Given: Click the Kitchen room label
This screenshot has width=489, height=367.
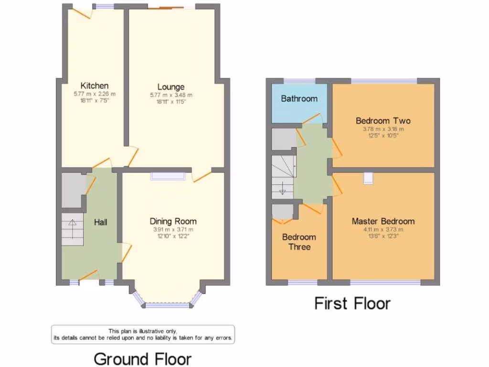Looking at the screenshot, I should pyautogui.click(x=94, y=86).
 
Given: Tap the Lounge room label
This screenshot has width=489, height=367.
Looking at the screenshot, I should pyautogui.click(x=171, y=87).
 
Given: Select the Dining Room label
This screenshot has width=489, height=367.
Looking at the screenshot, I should pyautogui.click(x=173, y=221).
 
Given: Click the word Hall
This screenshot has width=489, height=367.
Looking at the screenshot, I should pyautogui.click(x=100, y=222).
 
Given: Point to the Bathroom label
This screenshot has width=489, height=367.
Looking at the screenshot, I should pyautogui.click(x=299, y=99).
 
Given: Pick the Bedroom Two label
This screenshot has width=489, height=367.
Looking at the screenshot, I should pyautogui.click(x=383, y=120).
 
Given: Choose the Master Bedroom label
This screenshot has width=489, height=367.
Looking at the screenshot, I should pyautogui.click(x=383, y=221).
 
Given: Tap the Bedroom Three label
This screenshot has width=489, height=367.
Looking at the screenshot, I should pyautogui.click(x=299, y=242).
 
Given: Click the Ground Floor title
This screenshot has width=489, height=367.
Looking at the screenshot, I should pyautogui.click(x=142, y=358).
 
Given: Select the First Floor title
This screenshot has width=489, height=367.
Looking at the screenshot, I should pyautogui.click(x=352, y=303).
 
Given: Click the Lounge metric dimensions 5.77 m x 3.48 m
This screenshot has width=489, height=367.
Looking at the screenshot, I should pyautogui.click(x=171, y=95).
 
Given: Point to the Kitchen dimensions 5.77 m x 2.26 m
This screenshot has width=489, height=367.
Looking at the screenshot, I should pyautogui.click(x=94, y=94).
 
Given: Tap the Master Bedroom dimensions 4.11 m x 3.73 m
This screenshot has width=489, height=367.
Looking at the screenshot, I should pyautogui.click(x=383, y=229).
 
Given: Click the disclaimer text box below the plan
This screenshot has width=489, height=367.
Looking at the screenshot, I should pyautogui.click(x=143, y=334).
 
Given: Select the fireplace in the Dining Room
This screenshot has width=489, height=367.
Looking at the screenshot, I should pyautogui.click(x=168, y=176).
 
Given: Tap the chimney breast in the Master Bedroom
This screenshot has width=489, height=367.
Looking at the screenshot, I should pyautogui.click(x=368, y=178).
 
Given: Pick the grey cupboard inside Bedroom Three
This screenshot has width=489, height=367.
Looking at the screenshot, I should pyautogui.click(x=282, y=211).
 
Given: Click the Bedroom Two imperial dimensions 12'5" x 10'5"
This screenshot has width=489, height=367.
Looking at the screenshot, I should pyautogui.click(x=383, y=135).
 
